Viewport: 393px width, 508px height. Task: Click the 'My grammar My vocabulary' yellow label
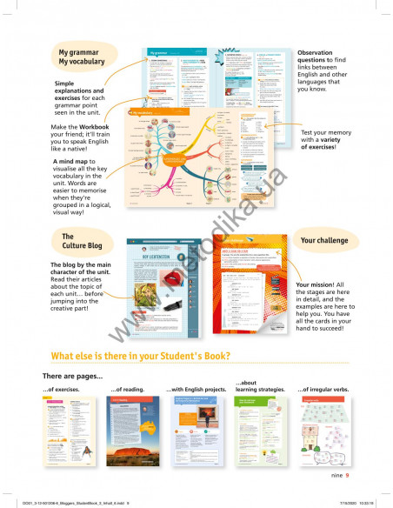(x=82, y=57)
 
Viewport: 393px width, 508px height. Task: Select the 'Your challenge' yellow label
(x=325, y=238)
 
